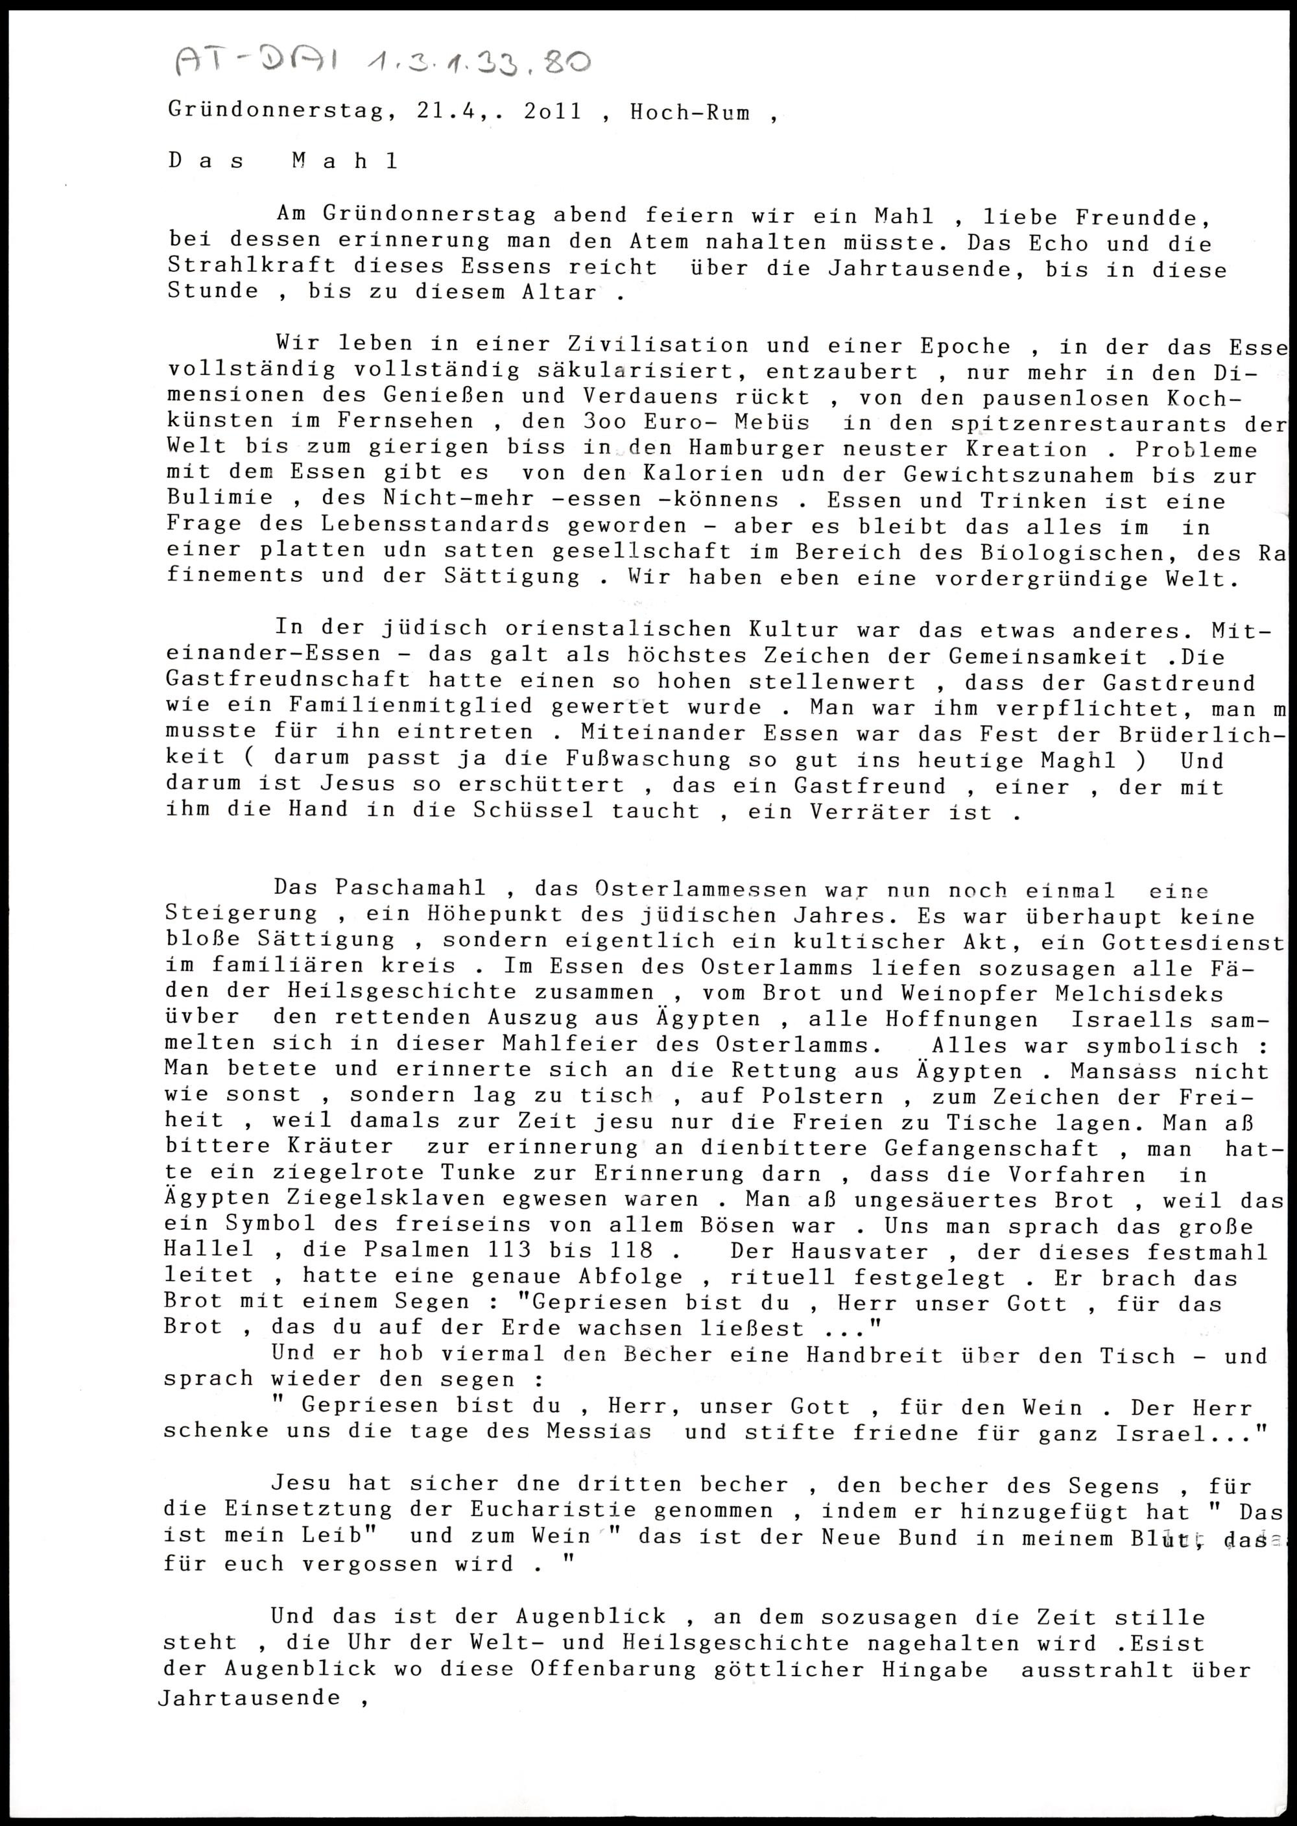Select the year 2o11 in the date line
pyautogui.click(x=552, y=111)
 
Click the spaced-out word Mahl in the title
pyautogui.click(x=344, y=161)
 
